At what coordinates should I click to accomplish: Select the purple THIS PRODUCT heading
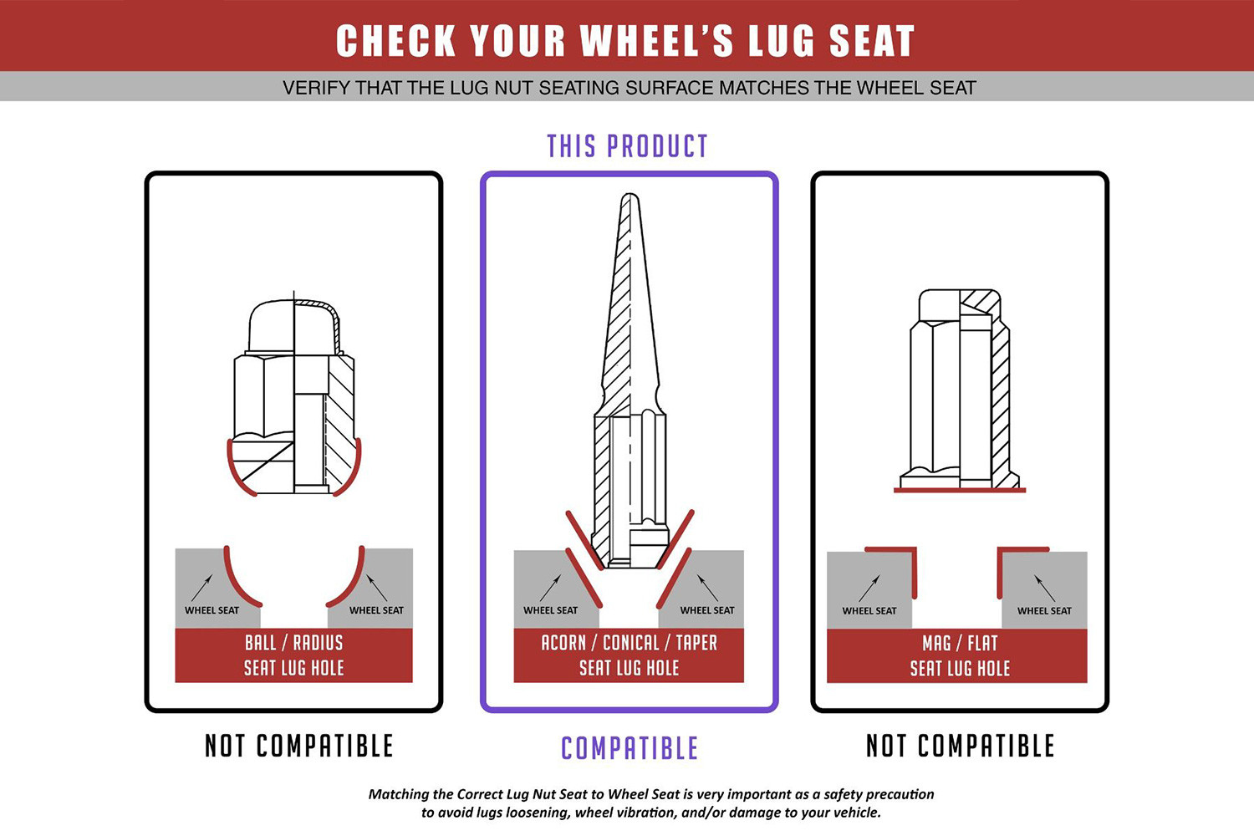(x=628, y=146)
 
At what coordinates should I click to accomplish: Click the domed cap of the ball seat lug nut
(x=294, y=328)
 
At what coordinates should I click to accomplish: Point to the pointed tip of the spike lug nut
(x=630, y=196)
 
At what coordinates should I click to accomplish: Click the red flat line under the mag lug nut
(x=960, y=491)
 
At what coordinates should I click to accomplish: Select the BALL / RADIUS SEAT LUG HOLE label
(x=294, y=655)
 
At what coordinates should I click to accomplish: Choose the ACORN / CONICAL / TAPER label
(x=630, y=643)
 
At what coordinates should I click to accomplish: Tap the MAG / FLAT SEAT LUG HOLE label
(x=960, y=655)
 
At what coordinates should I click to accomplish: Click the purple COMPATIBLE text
(x=630, y=748)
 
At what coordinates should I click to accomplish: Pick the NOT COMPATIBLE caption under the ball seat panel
(x=299, y=746)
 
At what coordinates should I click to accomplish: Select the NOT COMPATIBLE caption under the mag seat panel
(x=960, y=746)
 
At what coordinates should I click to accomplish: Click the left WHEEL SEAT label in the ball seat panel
(x=212, y=610)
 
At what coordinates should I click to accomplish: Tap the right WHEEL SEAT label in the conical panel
(x=707, y=610)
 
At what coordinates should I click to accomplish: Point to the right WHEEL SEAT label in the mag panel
(x=1044, y=611)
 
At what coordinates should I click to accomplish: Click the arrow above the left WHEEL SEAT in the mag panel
(x=869, y=588)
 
